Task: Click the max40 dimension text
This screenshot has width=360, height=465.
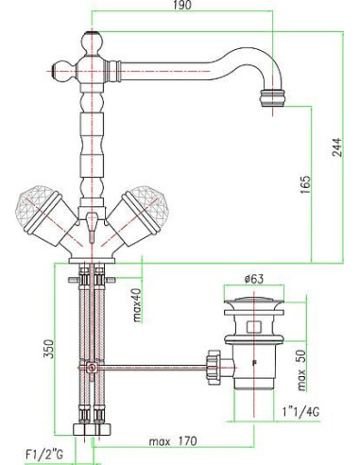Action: [137, 304]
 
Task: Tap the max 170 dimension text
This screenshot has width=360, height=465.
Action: [170, 439]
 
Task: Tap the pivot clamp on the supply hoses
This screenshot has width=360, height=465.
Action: [91, 367]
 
